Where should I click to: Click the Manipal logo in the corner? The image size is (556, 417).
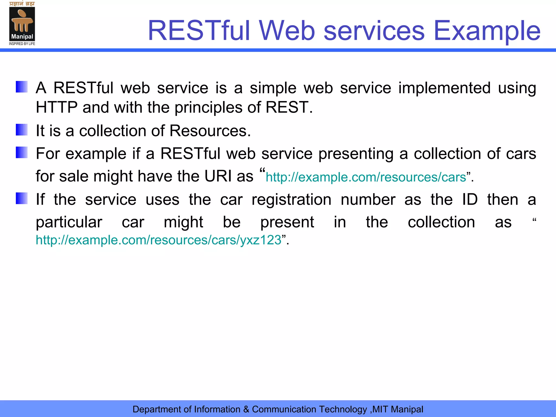(22, 24)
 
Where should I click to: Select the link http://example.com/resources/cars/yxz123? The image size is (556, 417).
(159, 240)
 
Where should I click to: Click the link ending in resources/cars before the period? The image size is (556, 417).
(366, 177)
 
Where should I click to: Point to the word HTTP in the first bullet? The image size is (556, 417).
(57, 107)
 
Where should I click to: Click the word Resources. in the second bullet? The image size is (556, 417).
(210, 131)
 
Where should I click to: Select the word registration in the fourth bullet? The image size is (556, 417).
(291, 200)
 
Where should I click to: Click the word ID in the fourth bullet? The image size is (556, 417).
(470, 200)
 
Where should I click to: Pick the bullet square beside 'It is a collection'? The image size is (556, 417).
(22, 130)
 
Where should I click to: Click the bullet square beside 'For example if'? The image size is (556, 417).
(22, 152)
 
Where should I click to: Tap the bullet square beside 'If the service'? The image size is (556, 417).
(22, 198)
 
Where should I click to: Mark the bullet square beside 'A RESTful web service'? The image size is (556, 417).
(22, 87)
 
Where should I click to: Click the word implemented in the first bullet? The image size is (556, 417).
(444, 88)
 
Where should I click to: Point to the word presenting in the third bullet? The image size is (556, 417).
(356, 154)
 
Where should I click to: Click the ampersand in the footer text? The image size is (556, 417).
(246, 409)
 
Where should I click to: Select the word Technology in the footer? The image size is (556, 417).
(343, 409)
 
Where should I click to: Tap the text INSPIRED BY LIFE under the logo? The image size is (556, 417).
(22, 44)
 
